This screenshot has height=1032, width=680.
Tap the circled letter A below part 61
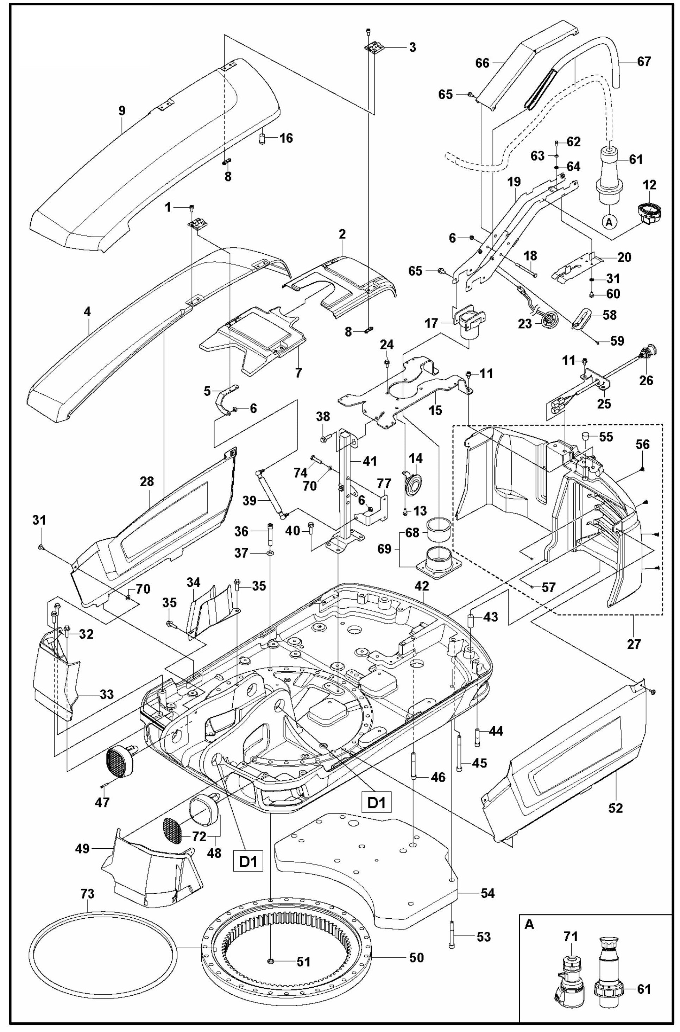pos(609,222)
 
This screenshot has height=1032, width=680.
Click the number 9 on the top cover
pos(122,110)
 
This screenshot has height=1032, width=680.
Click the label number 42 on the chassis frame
pos(422,586)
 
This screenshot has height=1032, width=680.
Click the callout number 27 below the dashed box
pos(634,644)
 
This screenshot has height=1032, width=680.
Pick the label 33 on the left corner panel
pos(106,694)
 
